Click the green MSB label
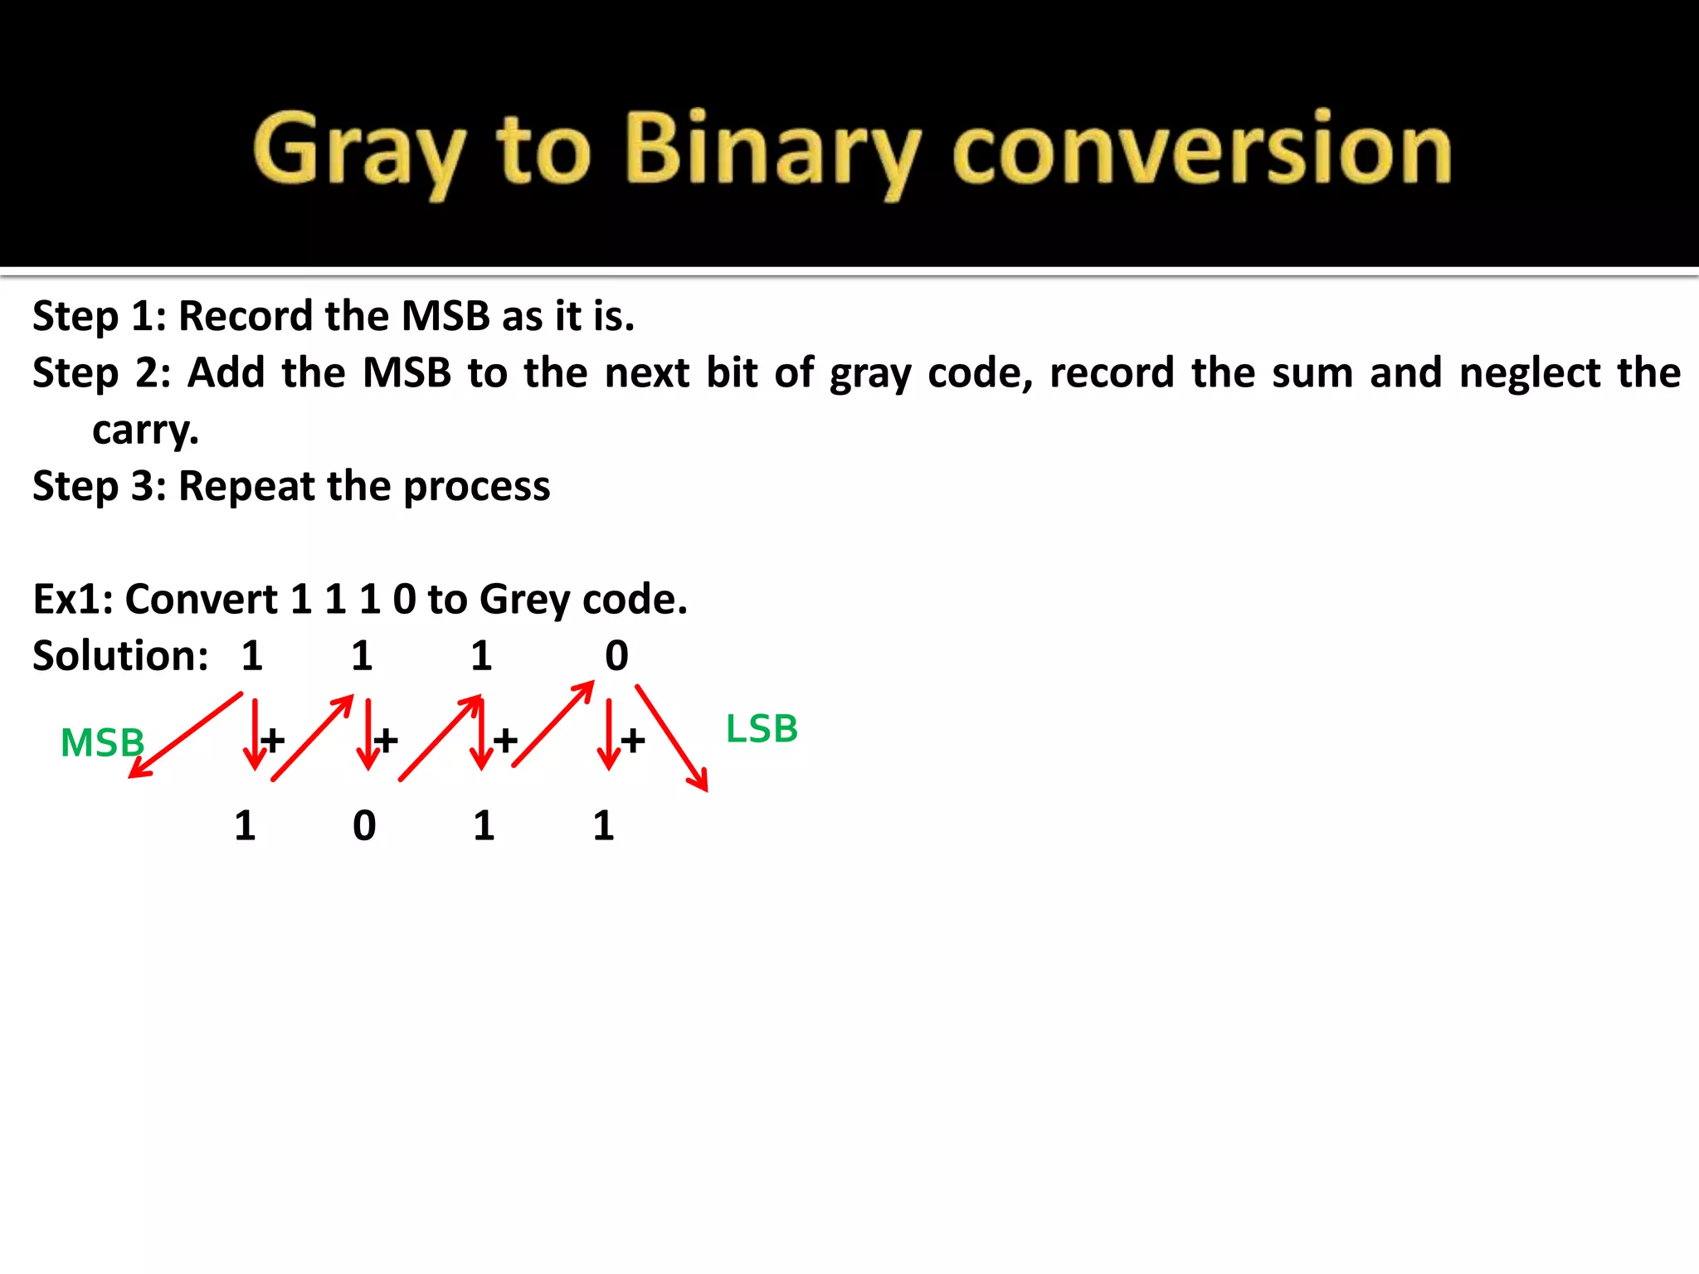coord(102,742)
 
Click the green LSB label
coord(761,729)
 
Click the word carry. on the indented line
coord(145,430)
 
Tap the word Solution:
coord(120,655)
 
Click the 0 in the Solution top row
coord(616,656)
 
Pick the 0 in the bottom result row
coord(364,826)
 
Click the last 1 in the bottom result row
coord(603,826)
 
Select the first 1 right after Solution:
coord(252,656)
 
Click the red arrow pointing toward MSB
coord(184,736)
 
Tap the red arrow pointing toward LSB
coord(672,737)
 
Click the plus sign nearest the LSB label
coord(633,740)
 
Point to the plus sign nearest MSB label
coord(272,739)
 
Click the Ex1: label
coord(73,599)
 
